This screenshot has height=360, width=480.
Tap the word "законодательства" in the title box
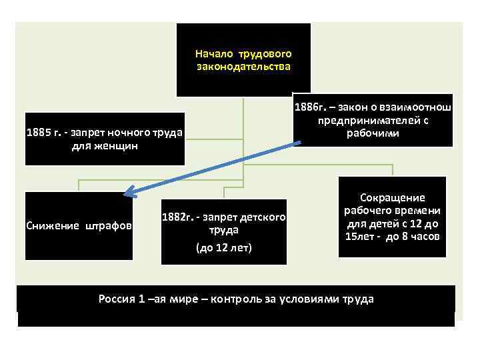coord(243,67)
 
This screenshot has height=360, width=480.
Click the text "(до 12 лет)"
coord(224,248)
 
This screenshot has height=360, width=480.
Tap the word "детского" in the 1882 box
coord(264,217)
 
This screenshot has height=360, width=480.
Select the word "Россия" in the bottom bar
coord(116,298)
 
